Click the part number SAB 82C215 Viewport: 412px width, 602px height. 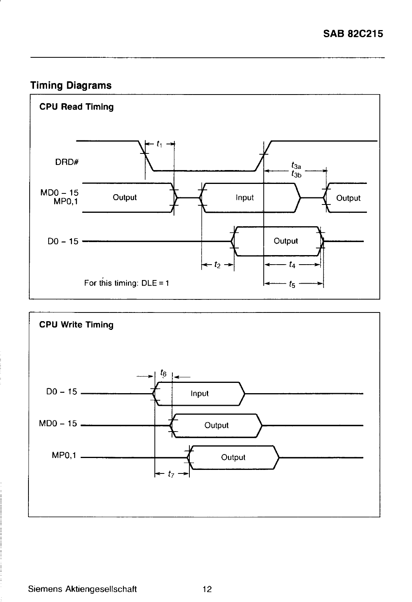tap(353, 34)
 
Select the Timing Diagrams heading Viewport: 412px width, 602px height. tap(71, 85)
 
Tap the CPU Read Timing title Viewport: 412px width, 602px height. tap(77, 107)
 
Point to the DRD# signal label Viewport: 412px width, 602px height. tap(67, 162)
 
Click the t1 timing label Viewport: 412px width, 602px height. tap(159, 144)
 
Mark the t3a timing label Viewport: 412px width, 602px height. tap(296, 165)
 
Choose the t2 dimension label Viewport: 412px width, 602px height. tap(217, 265)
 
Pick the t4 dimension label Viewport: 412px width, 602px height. tap(292, 265)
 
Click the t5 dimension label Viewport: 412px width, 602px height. tap(292, 284)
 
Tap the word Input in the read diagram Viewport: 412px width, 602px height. tap(245, 197)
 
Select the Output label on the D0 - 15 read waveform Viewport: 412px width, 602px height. tap(286, 241)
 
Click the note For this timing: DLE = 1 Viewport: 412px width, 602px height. tap(127, 283)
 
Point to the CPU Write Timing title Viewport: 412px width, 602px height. tap(77, 325)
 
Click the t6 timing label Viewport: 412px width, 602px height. tap(163, 373)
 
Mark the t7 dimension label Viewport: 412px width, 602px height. tap(171, 473)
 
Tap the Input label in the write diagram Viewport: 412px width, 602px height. tap(200, 394)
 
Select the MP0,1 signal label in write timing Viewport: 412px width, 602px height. tap(64, 455)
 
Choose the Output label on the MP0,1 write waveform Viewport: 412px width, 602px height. tap(233, 457)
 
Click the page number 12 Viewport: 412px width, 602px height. tap(207, 589)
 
